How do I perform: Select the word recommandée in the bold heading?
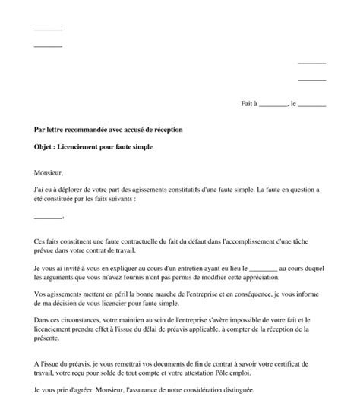click(92, 130)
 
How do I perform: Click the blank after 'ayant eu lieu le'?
click(264, 269)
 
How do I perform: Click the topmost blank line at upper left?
click(49, 30)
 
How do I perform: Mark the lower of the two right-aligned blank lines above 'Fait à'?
click(311, 79)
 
